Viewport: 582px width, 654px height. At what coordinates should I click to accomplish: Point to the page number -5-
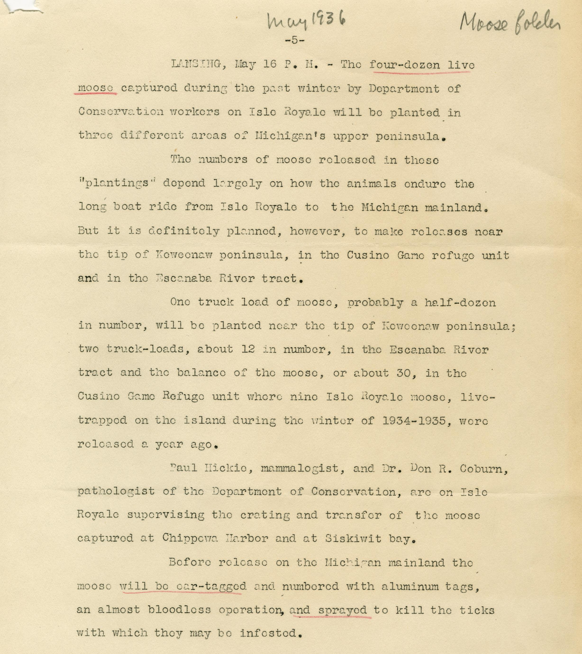coord(294,40)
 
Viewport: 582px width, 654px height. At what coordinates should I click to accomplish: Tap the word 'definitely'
coord(184,231)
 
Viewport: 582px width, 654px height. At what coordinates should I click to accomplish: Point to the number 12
coord(248,349)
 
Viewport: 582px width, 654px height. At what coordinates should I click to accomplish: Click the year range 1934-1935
coord(414,420)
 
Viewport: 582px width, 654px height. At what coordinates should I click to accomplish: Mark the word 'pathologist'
coord(116,492)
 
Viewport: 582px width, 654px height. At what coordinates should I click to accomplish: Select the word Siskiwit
coord(353,539)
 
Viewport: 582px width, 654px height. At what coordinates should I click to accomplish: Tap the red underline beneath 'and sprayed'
coord(330,616)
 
